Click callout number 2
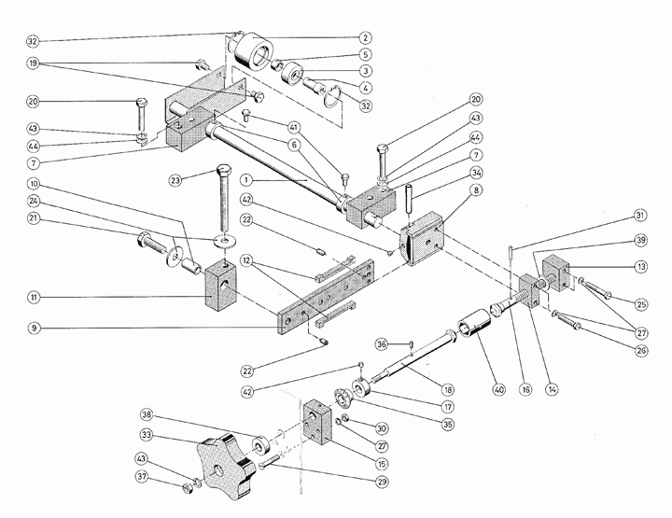tap(366, 38)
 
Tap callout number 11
tap(35, 298)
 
